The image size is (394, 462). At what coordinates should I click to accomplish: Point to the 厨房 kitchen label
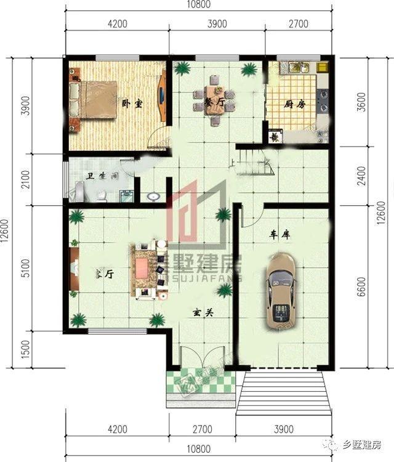coord(294,105)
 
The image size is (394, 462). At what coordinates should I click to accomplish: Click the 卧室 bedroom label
coord(132,104)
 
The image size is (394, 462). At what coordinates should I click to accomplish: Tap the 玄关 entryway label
coord(201,313)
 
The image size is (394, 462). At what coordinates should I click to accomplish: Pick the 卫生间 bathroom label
coord(102,176)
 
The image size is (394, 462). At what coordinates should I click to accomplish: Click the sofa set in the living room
coord(147,269)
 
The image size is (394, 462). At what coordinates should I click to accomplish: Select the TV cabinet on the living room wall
coord(73,268)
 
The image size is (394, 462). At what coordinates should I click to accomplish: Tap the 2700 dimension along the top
coord(298,25)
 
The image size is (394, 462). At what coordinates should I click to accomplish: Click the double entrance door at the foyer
coord(201,360)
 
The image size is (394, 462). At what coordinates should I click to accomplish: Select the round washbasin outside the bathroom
coord(154,197)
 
